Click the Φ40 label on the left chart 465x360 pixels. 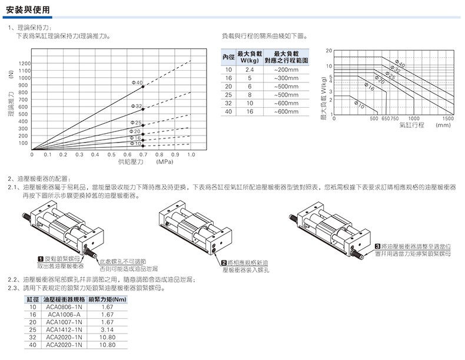point(136,82)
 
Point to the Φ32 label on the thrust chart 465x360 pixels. point(136,105)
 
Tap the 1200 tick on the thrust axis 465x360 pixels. point(24,63)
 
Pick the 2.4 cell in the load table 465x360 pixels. point(250,70)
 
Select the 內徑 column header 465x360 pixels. point(228,57)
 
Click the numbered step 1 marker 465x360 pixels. point(41,259)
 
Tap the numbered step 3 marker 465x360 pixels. point(377,245)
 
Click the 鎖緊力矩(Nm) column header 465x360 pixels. point(108,299)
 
